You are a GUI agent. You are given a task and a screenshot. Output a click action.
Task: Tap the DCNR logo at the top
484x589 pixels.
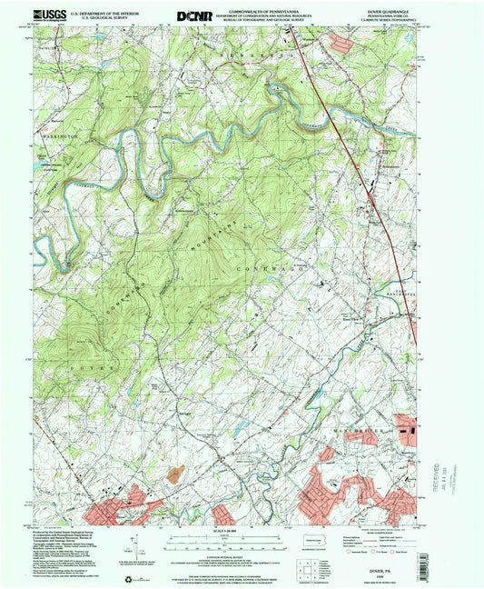click(x=193, y=15)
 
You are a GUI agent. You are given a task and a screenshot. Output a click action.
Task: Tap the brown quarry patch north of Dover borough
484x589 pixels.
click(x=175, y=474)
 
